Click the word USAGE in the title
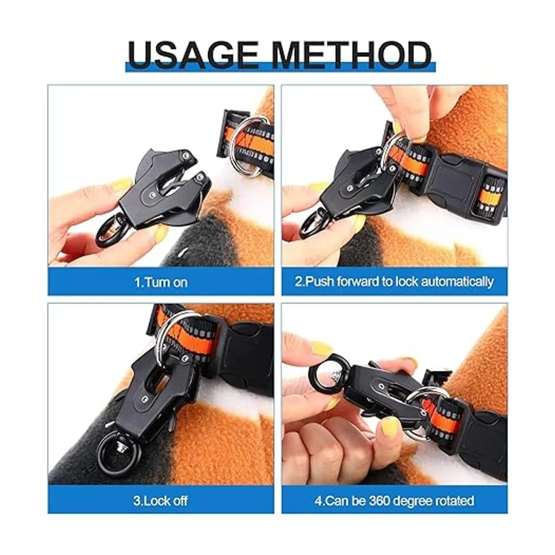(x=193, y=55)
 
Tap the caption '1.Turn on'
(x=161, y=282)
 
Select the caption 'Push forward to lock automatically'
(x=399, y=282)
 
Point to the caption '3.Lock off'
(x=160, y=500)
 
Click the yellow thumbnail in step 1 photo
(x=122, y=185)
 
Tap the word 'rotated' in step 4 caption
(x=454, y=501)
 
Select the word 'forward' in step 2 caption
(x=358, y=281)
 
